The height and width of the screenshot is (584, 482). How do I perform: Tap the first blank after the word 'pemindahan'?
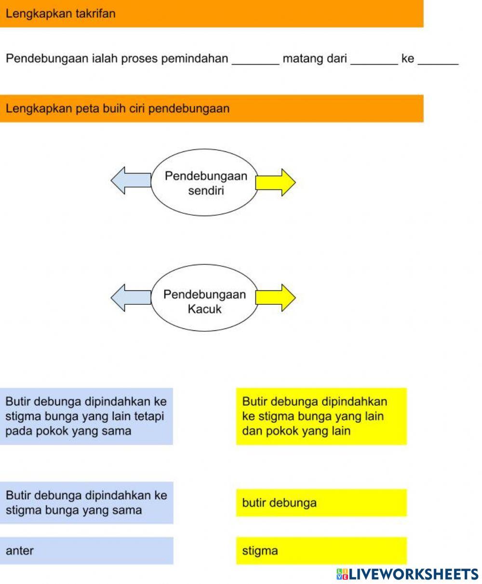[255, 60]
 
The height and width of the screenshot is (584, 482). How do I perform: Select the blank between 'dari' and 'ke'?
[374, 60]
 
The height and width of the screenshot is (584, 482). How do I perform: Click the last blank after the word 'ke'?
[438, 60]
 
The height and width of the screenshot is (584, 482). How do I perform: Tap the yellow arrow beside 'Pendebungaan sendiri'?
[275, 182]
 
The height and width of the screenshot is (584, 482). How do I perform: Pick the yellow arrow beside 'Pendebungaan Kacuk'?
[275, 298]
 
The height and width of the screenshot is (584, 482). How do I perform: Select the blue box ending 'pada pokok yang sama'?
[86, 416]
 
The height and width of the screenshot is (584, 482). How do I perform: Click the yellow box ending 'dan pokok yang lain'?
[321, 416]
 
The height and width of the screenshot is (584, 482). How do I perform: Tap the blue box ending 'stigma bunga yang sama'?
[86, 503]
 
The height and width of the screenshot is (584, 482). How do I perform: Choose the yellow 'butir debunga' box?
[321, 503]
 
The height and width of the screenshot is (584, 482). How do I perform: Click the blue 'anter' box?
[86, 550]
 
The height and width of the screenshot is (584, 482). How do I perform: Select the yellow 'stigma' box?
[321, 550]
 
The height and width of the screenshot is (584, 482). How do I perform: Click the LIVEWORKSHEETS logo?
[407, 574]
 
